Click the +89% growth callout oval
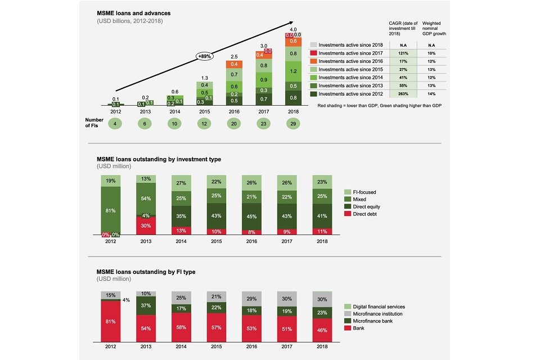tap(205, 56)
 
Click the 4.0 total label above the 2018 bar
tap(292, 29)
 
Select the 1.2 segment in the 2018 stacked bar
tap(292, 72)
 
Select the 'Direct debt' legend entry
tap(366, 214)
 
